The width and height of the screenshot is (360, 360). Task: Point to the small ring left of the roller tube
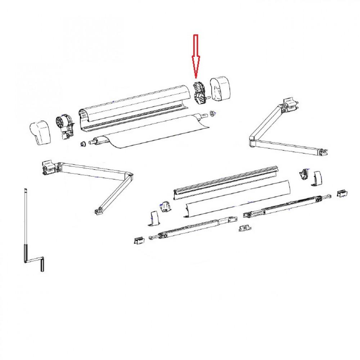tap(82, 144)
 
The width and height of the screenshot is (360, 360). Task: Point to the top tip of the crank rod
tap(26, 190)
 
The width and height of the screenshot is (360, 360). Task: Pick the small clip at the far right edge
tap(342, 193)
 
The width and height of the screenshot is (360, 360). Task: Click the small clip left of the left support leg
tap(139, 240)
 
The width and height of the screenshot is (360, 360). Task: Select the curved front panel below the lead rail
tap(236, 198)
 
